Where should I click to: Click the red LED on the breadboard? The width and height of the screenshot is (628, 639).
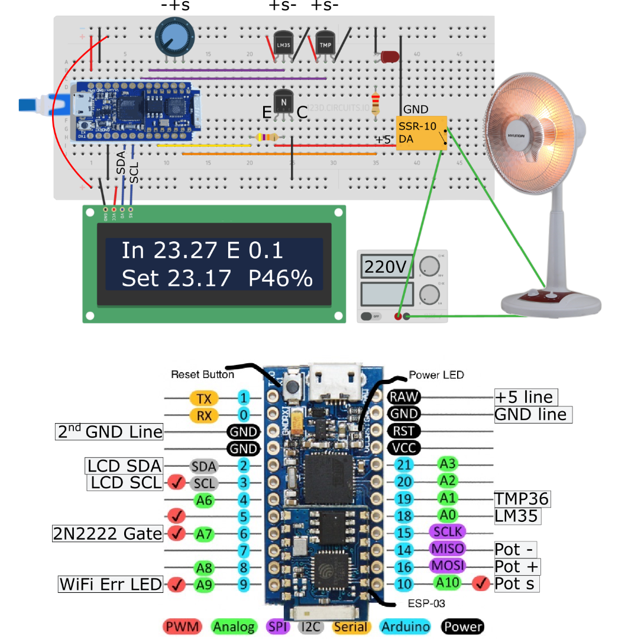(x=389, y=57)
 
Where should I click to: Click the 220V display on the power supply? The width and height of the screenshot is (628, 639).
(x=384, y=267)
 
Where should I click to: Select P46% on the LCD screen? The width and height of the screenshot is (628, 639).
(x=280, y=277)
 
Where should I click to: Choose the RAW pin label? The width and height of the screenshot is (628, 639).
(x=403, y=397)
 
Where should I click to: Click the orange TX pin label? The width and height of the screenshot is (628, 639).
(x=204, y=398)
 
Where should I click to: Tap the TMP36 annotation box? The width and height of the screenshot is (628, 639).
(x=522, y=499)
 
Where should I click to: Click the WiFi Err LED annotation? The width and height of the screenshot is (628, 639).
(x=111, y=585)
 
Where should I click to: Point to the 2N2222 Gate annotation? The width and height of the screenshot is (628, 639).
(x=108, y=534)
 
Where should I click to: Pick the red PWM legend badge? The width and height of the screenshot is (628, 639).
(x=180, y=627)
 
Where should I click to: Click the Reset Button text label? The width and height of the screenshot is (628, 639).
(x=202, y=375)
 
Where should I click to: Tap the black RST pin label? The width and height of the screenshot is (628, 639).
(x=403, y=431)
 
